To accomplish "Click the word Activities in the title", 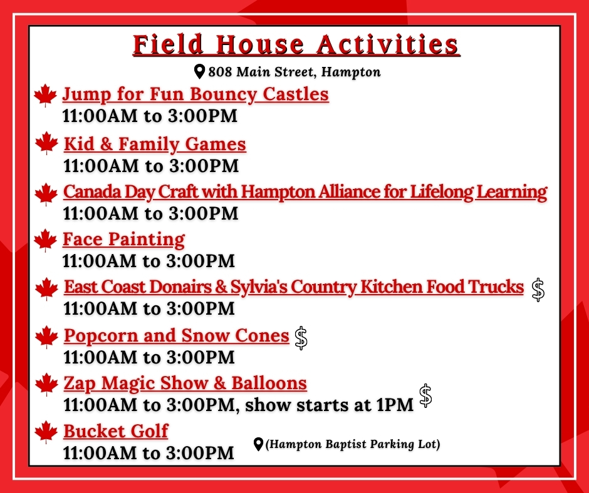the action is [387, 44].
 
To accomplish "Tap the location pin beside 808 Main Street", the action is [199, 71].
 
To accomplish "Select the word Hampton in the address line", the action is [351, 72].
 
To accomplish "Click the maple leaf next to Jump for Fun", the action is [46, 95].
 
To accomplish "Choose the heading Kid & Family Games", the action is [155, 145].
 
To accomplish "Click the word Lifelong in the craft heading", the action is [441, 191].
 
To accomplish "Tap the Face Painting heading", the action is [123, 240].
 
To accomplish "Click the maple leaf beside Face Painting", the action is [46, 240].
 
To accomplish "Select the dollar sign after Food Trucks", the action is [538, 290].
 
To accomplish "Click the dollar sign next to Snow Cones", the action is [301, 338].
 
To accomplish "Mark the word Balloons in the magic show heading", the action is [269, 383].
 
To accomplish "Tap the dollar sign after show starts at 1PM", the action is [425, 396].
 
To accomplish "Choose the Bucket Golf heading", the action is [116, 431].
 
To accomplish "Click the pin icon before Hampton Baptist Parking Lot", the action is [258, 444].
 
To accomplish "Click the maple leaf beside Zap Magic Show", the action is [46, 385].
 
